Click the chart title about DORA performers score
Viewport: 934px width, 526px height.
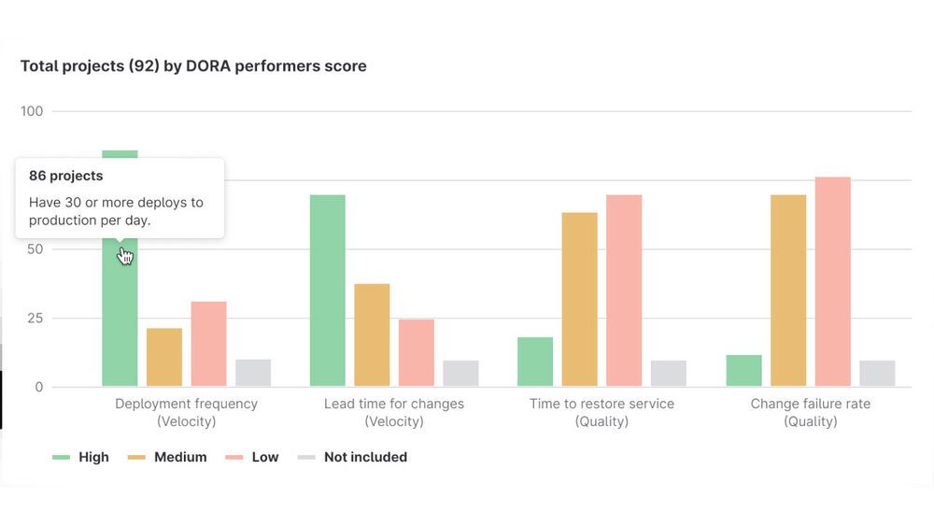click(193, 66)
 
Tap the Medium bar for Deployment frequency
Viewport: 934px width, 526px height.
click(164, 357)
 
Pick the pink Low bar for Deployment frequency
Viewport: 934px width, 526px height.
click(208, 344)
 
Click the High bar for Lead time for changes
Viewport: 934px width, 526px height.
click(327, 291)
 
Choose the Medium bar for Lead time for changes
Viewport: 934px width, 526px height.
click(372, 334)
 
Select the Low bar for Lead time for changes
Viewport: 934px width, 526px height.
click(417, 352)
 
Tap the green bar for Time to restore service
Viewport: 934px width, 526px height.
click(535, 362)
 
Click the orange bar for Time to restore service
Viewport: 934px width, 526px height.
click(579, 299)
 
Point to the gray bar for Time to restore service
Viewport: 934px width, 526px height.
click(669, 373)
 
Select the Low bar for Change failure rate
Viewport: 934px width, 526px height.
click(832, 281)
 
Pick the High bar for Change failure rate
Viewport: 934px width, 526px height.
click(743, 370)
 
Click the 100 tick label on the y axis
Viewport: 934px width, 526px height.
click(32, 111)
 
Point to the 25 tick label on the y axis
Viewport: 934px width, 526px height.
click(35, 318)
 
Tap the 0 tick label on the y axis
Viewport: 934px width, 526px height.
click(38, 387)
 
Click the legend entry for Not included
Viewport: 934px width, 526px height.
click(365, 457)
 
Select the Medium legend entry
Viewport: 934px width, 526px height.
click(180, 457)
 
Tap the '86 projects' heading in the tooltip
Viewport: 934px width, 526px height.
click(66, 176)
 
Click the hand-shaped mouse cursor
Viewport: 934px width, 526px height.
click(125, 255)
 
